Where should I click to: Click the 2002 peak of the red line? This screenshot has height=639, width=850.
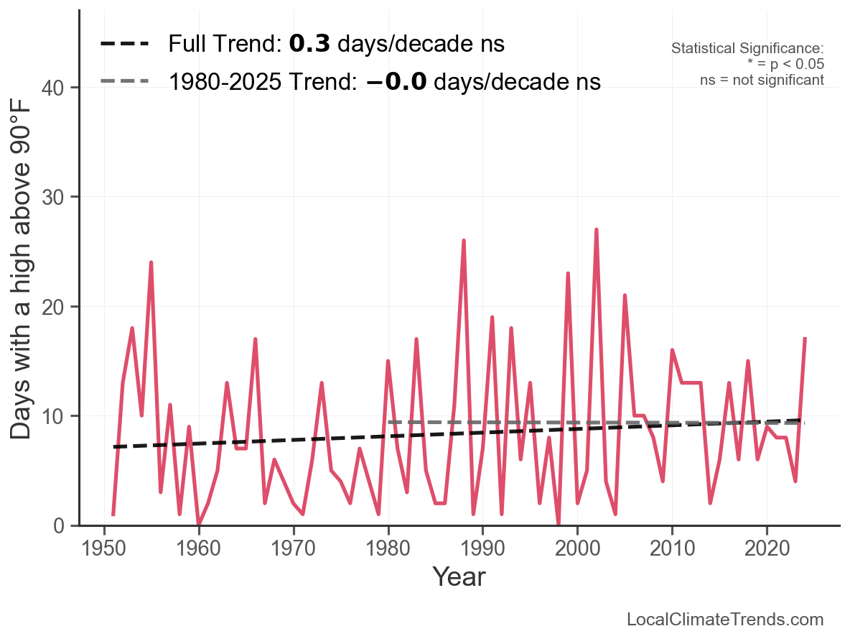pyautogui.click(x=597, y=230)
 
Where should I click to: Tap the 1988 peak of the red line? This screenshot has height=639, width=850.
pyautogui.click(x=464, y=241)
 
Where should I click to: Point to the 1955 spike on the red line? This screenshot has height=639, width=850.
pyautogui.click(x=151, y=262)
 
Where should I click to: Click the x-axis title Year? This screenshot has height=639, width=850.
pyautogui.click(x=459, y=577)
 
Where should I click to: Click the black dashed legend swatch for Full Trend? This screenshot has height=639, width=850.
pyautogui.click(x=124, y=44)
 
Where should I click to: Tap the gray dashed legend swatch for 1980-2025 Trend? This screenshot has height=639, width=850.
pyautogui.click(x=124, y=81)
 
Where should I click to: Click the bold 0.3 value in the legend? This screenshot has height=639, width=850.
pyautogui.click(x=309, y=44)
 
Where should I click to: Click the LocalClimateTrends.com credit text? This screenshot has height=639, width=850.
pyautogui.click(x=725, y=620)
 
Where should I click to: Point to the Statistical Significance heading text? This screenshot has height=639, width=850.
pyautogui.click(x=747, y=49)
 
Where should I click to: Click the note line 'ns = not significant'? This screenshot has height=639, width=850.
pyautogui.click(x=762, y=80)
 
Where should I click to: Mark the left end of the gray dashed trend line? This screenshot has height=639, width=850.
pyautogui.click(x=388, y=422)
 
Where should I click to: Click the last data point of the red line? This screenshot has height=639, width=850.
pyautogui.click(x=805, y=338)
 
